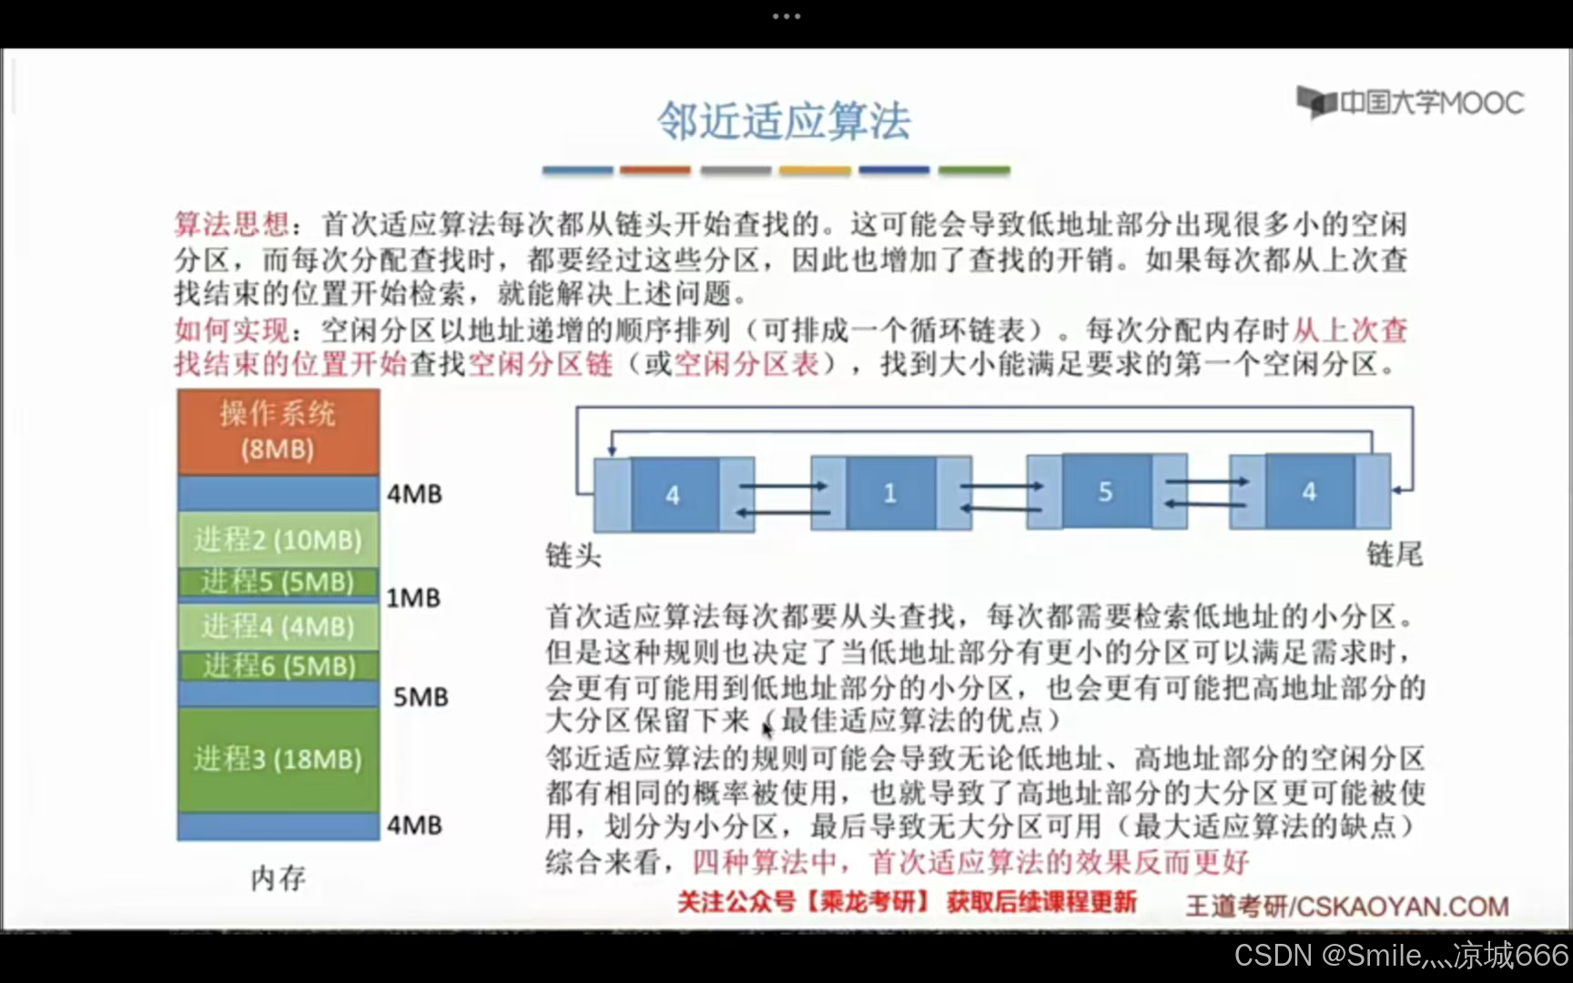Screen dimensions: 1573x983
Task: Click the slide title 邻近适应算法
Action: click(x=784, y=121)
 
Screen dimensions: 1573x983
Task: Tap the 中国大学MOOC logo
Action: click(x=1410, y=102)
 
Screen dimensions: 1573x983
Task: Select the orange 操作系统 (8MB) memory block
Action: click(x=278, y=431)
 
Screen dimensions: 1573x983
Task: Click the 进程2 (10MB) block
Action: click(x=278, y=540)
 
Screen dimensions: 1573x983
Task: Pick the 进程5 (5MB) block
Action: click(x=278, y=582)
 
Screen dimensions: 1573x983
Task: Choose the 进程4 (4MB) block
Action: click(x=278, y=626)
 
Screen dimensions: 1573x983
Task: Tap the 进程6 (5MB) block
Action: click(x=278, y=666)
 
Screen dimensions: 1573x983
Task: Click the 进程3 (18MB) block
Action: click(x=278, y=759)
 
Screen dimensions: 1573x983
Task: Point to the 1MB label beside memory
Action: click(x=413, y=598)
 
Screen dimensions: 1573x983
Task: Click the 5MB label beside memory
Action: click(x=421, y=697)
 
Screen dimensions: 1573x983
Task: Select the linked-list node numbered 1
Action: click(x=889, y=493)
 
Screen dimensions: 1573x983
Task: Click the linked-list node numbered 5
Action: click(x=1105, y=492)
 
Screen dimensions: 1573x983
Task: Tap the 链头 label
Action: click(x=573, y=554)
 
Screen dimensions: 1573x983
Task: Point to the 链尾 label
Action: click(x=1394, y=553)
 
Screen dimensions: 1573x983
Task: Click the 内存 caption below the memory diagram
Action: click(x=278, y=878)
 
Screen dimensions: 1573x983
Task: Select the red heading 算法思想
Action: click(x=231, y=224)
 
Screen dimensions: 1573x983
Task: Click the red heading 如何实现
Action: click(x=231, y=329)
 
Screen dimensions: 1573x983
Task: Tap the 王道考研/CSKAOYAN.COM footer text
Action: click(x=1346, y=907)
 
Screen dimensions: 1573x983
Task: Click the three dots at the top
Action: click(x=786, y=16)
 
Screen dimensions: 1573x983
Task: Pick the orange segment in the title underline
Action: click(x=655, y=170)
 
